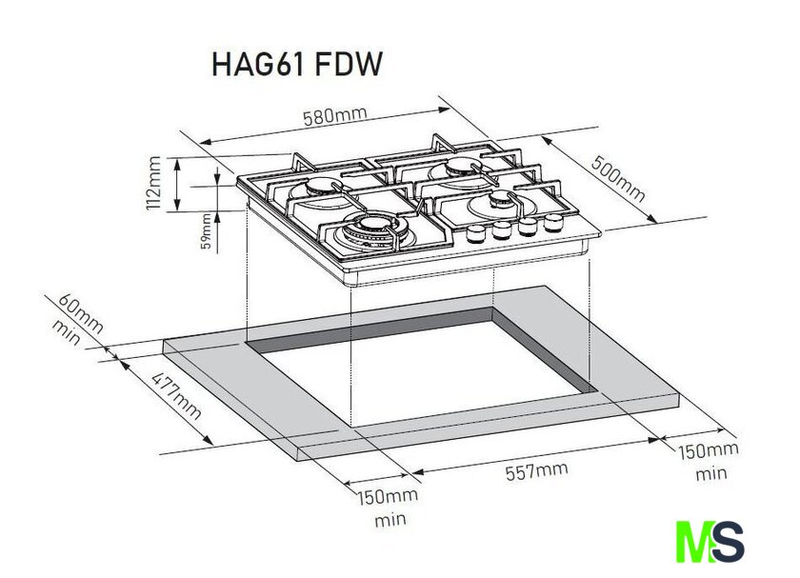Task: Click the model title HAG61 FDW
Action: pos(297,65)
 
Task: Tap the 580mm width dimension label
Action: pos(334,116)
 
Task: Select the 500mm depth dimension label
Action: pos(618,178)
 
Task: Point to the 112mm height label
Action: pos(153,183)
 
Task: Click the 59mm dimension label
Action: pos(206,230)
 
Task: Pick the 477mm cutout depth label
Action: pos(176,396)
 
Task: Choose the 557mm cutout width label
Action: pos(536,470)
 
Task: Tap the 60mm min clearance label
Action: pos(77,319)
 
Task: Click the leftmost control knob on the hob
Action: pos(477,233)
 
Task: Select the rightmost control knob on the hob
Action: pos(553,222)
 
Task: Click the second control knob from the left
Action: pos(503,229)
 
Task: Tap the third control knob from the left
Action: pos(528,226)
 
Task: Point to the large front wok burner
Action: pos(375,229)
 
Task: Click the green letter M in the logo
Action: pos(695,542)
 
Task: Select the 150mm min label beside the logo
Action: pos(709,462)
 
